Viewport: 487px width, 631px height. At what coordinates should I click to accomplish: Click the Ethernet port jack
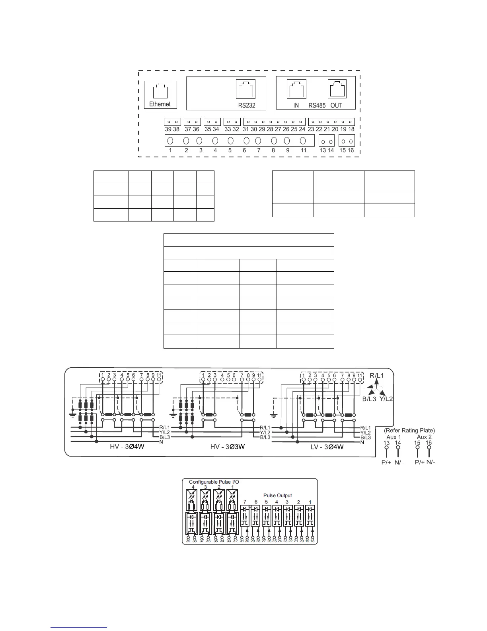pos(160,90)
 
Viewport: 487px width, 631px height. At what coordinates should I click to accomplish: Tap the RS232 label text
pos(247,106)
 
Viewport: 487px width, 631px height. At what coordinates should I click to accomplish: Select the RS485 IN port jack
pos(296,88)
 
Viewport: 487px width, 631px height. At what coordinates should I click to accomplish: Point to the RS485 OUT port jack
pos(337,88)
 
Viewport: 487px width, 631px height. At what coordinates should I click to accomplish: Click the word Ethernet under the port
pos(160,104)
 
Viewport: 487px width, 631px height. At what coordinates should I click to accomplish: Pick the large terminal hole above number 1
pos(170,141)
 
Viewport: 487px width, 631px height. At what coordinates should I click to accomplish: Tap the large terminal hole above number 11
pos(303,141)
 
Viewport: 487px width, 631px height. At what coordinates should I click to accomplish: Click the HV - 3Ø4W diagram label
pos(127,447)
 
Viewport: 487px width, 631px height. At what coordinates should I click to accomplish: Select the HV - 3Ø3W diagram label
pos(227,447)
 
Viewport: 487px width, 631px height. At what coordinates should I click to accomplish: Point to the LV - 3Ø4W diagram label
pos(327,447)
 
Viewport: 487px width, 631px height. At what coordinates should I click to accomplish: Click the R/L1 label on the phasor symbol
pos(377,375)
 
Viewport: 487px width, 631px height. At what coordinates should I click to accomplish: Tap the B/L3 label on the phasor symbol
pos(369,398)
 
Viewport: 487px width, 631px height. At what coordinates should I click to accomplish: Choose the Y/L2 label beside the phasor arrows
pos(386,398)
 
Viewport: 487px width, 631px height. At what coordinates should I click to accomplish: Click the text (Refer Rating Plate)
pos(409,430)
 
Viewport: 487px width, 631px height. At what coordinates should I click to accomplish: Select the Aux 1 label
pos(393,437)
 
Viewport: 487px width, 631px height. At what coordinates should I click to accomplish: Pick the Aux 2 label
pos(424,437)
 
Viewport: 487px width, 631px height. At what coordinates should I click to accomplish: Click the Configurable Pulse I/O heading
pos(214,482)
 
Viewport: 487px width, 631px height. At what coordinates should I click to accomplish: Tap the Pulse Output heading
pos(278,496)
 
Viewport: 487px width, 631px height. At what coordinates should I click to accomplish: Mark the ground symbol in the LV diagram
pos(273,416)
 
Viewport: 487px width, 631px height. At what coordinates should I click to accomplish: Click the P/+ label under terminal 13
pos(386,462)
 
